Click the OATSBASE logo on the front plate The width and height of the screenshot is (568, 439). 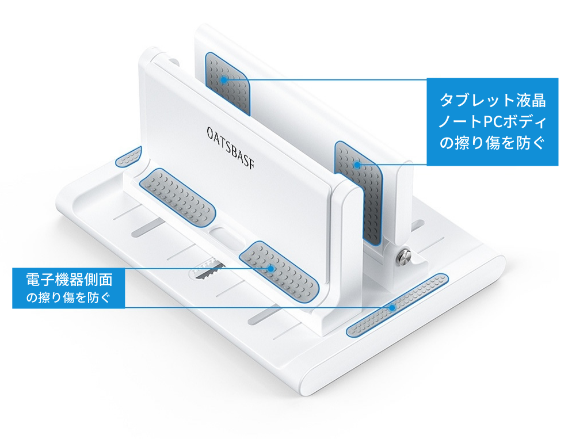click(230, 148)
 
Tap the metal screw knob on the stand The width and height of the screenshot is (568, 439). click(405, 257)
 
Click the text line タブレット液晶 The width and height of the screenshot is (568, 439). click(493, 100)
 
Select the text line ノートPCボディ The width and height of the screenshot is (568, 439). click(493, 122)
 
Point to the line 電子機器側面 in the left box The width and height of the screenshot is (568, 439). click(69, 280)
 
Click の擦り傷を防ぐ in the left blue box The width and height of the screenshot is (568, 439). click(68, 297)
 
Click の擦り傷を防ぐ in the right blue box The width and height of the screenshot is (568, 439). click(492, 143)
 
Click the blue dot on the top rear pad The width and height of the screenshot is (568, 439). click(224, 79)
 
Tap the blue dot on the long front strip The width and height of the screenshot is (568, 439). click(392, 308)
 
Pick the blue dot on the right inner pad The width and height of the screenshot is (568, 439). click(357, 165)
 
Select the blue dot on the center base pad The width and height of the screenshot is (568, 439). click(270, 268)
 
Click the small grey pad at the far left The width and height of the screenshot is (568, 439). click(128, 157)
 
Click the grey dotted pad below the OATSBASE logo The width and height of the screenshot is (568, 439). click(177, 198)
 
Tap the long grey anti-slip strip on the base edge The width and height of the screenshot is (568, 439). click(398, 305)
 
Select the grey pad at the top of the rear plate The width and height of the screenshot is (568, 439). click(228, 83)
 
